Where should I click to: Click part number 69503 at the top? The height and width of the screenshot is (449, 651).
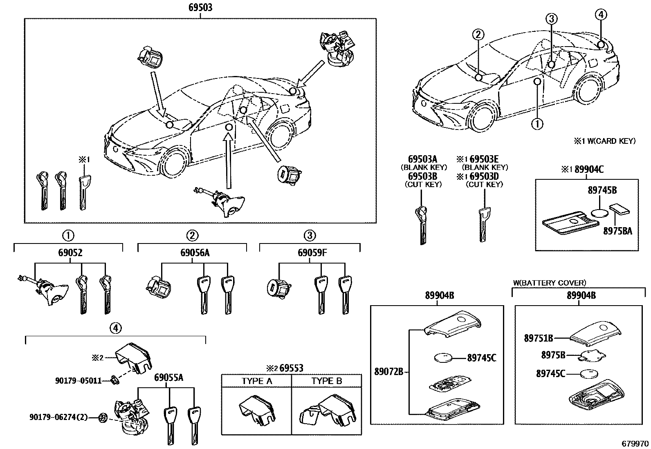tap(200, 7)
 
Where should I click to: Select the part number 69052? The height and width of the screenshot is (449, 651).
tap(68, 253)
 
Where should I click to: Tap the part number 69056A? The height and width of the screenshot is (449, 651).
tap(195, 253)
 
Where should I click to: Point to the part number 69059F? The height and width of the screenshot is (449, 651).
tap(312, 253)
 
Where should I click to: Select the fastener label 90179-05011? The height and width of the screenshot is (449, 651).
tap(78, 381)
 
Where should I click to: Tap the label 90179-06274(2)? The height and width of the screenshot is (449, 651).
tap(58, 417)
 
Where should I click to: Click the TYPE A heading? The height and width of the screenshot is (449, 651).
tap(256, 381)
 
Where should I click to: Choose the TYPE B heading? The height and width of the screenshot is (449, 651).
tap(326, 381)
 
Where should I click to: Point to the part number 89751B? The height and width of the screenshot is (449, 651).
tap(539, 338)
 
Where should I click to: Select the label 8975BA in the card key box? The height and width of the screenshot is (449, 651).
tap(617, 231)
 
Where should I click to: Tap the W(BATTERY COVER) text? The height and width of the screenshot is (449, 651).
tap(549, 282)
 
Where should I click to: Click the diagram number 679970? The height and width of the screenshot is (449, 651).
tap(635, 444)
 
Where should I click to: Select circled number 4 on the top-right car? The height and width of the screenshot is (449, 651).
tap(600, 15)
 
